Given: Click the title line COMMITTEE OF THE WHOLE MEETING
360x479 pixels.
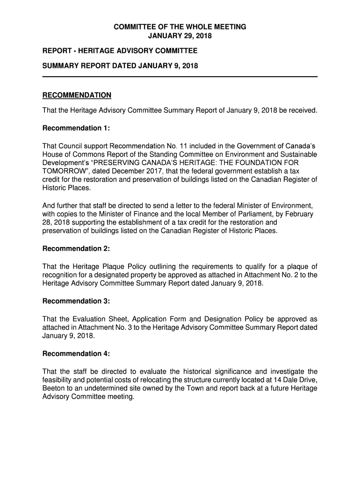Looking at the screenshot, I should (180, 27).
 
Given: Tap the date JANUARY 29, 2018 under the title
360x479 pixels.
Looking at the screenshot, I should (180, 36).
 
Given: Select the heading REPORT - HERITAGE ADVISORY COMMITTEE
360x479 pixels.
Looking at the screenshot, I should (120, 51).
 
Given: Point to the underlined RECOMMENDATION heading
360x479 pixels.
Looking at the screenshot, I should (77, 95).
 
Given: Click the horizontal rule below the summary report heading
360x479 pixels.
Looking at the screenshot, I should (180, 77).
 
